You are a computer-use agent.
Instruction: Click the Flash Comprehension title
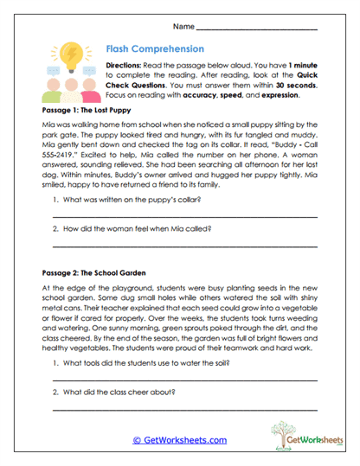click(154, 49)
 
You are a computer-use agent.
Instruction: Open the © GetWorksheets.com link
click(179, 440)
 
